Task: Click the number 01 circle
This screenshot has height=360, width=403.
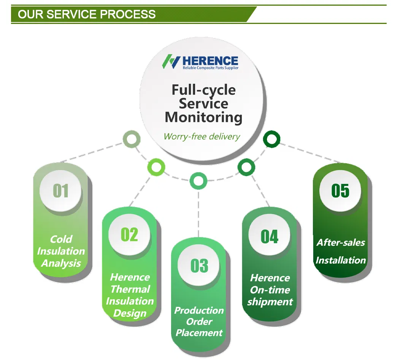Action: [61, 191]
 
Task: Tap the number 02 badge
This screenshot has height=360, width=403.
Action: [129, 235]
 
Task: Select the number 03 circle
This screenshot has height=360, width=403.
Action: [199, 266]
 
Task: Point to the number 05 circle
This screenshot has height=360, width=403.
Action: [340, 191]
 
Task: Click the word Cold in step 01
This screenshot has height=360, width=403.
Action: [61, 239]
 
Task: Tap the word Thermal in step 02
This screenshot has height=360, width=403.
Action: [130, 289]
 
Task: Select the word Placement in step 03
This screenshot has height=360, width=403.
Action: [199, 333]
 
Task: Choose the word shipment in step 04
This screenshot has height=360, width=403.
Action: [270, 302]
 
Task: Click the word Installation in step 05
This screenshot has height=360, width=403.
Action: [341, 261]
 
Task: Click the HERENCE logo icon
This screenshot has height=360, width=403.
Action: [171, 62]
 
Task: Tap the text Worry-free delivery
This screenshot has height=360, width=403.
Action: [202, 136]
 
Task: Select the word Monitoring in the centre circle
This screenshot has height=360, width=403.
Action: [203, 117]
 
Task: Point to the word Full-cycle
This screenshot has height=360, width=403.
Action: [203, 90]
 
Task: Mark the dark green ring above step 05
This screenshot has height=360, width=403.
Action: [271, 140]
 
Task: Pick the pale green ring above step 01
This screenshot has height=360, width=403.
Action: [132, 140]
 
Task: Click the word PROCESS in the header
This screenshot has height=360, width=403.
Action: [128, 14]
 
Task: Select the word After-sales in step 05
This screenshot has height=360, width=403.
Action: [341, 243]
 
